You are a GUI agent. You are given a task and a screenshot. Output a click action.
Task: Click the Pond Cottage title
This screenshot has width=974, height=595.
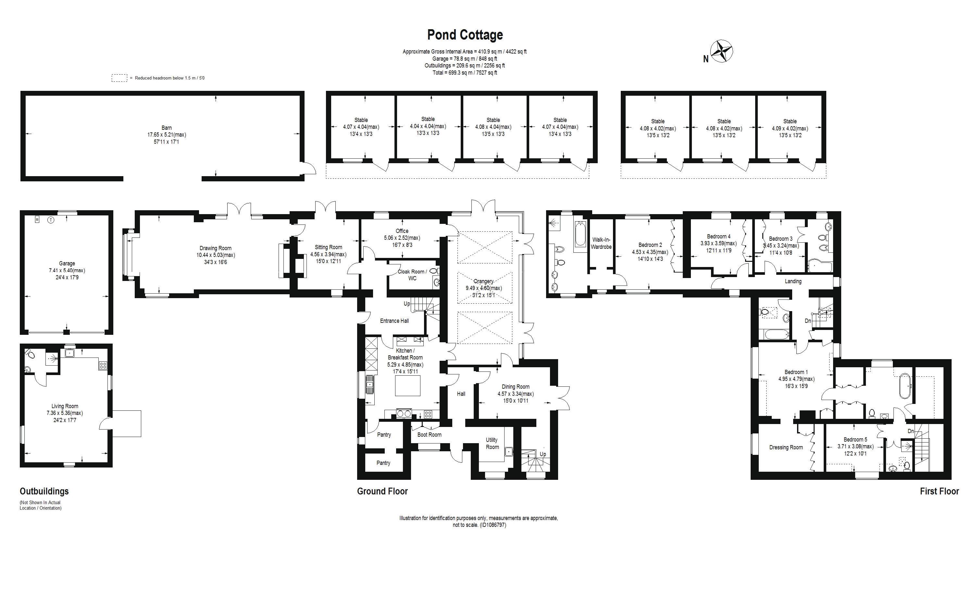pos(465,35)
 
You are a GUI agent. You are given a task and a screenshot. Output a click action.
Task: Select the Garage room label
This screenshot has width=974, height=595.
pos(67,263)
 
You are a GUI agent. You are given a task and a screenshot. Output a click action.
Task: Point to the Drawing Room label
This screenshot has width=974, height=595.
pos(216,248)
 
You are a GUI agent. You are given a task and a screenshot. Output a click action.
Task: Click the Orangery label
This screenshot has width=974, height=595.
pos(483,281)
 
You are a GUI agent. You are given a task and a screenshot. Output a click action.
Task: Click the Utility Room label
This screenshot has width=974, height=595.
pos(492,443)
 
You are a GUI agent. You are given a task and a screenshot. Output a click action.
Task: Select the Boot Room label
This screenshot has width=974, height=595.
pos(429,435)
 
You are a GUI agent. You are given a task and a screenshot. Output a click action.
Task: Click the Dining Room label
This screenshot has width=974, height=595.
pos(516,387)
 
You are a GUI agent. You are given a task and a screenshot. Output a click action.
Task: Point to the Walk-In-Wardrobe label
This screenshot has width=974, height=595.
pos(601,243)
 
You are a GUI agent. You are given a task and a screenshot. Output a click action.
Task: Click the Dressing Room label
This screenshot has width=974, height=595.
pos(786,447)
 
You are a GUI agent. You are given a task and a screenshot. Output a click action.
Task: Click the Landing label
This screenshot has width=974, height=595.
pos(793,281)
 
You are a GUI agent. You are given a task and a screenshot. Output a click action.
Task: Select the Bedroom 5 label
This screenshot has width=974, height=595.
pos(855,439)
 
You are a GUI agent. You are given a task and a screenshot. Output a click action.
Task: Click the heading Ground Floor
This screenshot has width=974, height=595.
pos(382,491)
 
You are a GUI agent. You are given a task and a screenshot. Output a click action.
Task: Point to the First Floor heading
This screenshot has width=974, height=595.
pos(939,491)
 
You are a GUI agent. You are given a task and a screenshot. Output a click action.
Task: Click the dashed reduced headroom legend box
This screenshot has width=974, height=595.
pos(119,78)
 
